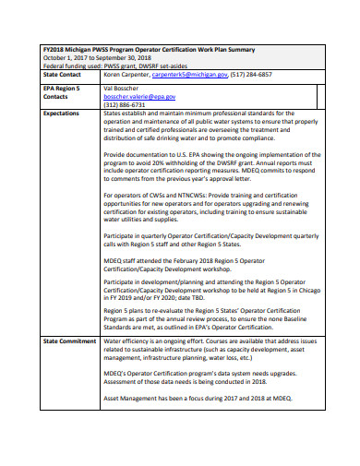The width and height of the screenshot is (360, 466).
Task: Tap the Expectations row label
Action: tap(44, 113)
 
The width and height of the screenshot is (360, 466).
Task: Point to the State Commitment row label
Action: tap(52, 341)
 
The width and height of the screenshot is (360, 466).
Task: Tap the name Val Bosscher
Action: tap(120, 86)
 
